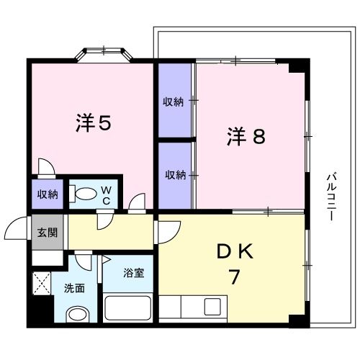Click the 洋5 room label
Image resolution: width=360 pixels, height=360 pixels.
pos(94,124)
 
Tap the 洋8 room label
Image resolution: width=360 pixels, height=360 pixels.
pos(248,135)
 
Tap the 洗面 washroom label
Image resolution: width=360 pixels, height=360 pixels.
pos(74,287)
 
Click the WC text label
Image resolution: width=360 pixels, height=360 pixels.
pos(105,194)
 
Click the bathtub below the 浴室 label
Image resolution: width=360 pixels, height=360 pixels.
pos(129,307)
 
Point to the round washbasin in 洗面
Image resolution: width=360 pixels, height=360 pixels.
pos(75,314)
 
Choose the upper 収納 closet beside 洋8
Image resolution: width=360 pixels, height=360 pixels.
pos(174,101)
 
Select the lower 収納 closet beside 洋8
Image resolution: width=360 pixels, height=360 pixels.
pos(174,174)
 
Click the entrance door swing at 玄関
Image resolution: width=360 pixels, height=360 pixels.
pos(17,229)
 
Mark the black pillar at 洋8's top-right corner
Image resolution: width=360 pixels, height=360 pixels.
pos(297,67)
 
